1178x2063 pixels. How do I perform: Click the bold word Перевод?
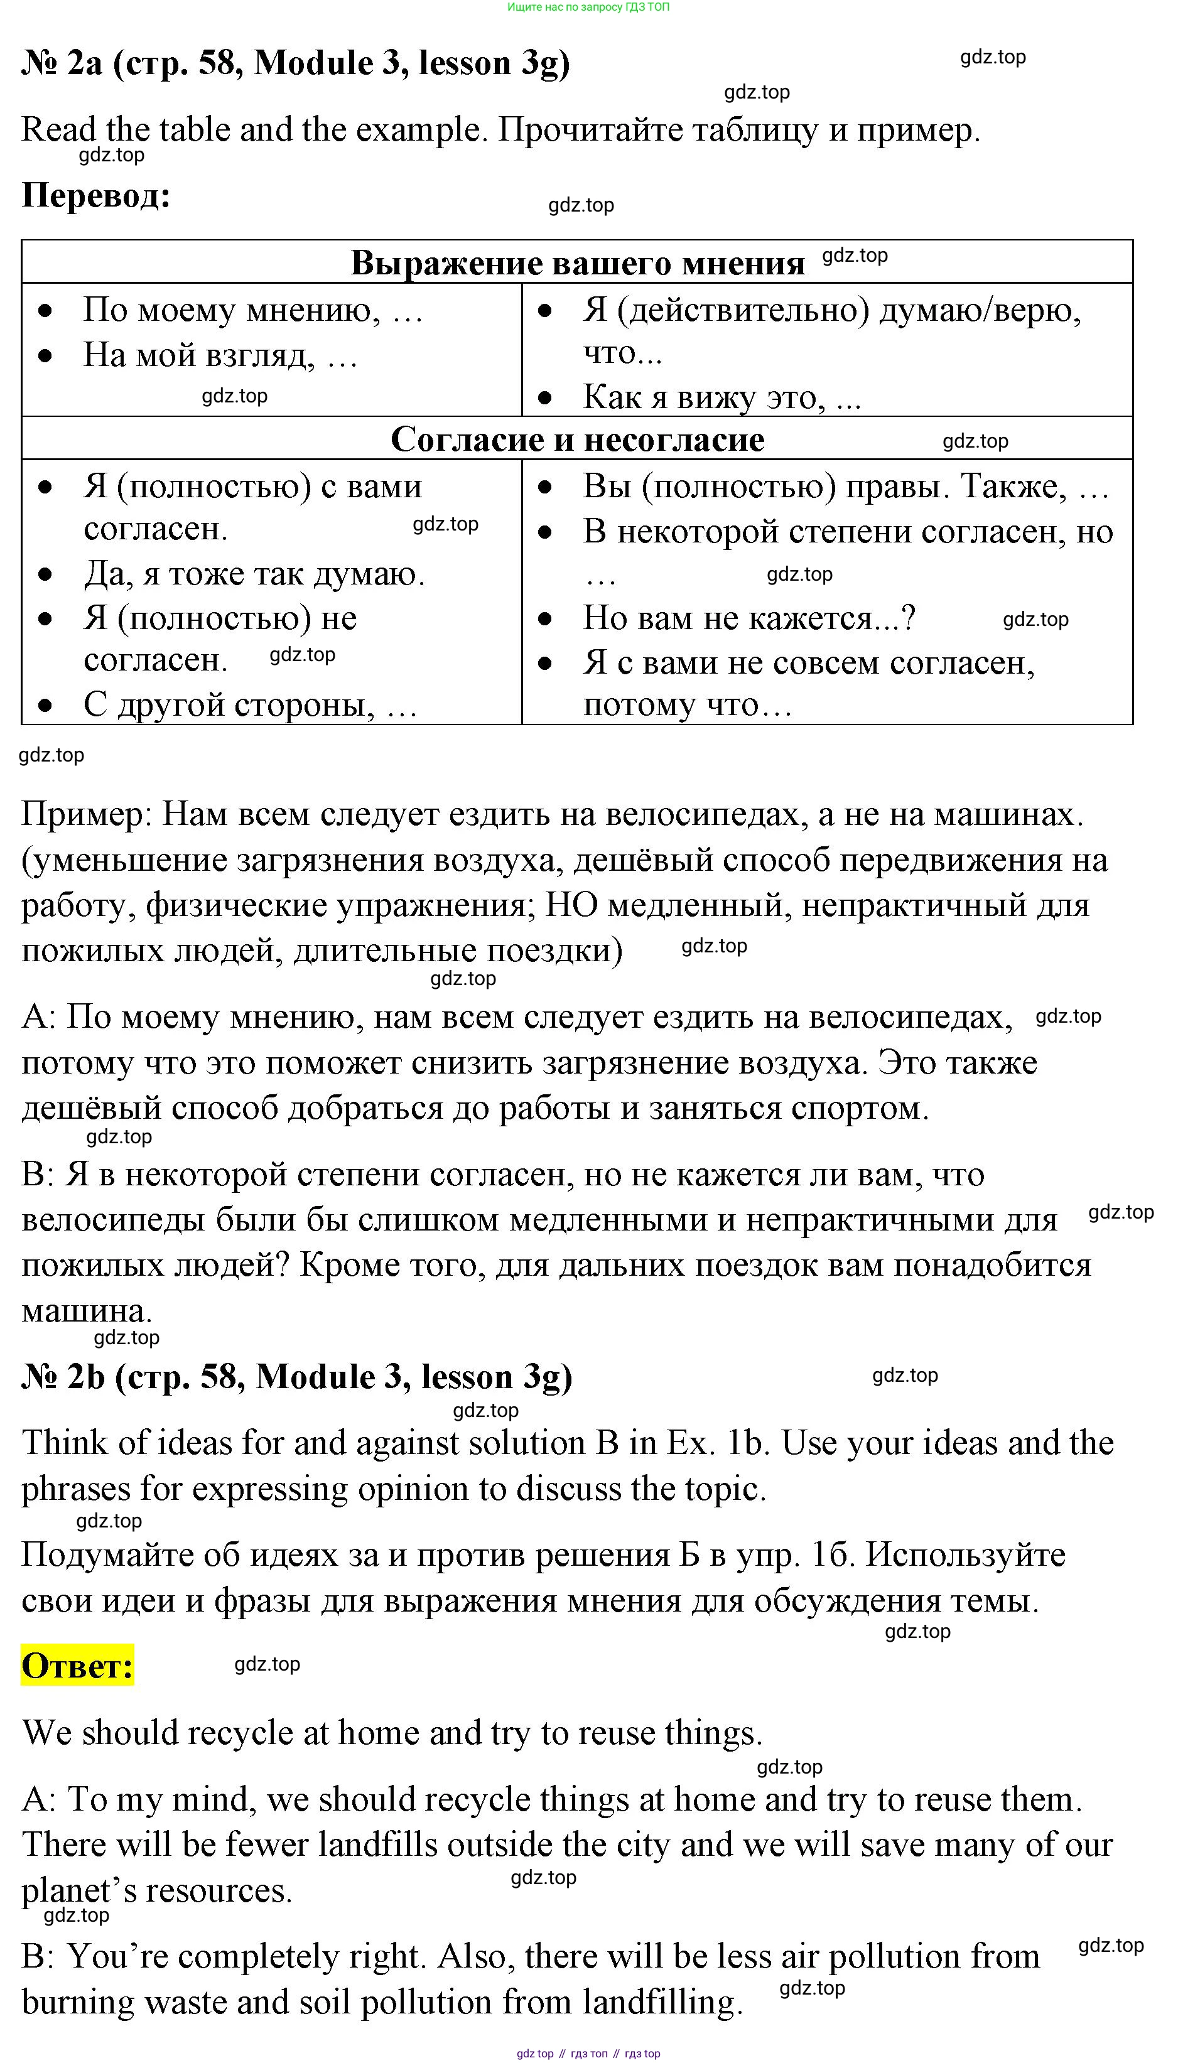click(x=96, y=195)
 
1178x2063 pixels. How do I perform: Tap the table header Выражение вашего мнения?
click(x=578, y=263)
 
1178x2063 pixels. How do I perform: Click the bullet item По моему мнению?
click(x=252, y=310)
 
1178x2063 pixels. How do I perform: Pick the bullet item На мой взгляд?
click(x=220, y=355)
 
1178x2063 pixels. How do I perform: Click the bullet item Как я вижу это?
click(x=721, y=397)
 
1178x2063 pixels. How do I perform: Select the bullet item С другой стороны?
click(x=250, y=705)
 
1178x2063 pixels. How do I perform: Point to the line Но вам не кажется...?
click(x=749, y=618)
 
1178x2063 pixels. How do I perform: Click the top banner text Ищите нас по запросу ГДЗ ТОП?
click(x=588, y=8)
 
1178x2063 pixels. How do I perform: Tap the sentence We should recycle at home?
click(x=392, y=1732)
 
